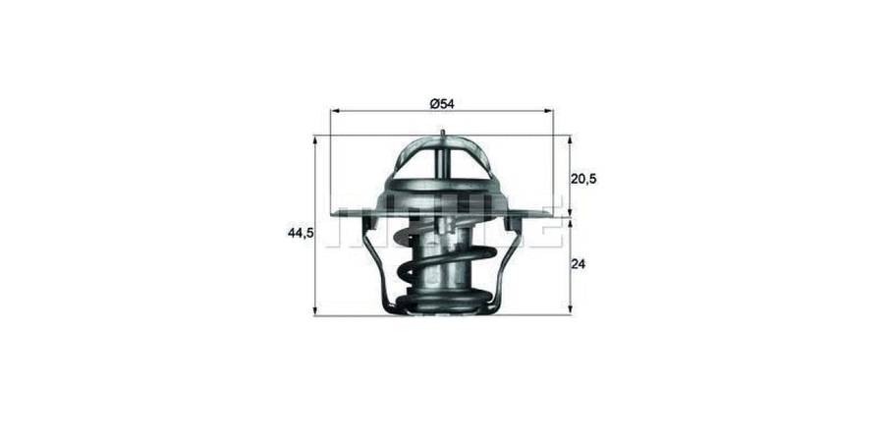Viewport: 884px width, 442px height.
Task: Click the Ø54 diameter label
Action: (x=441, y=102)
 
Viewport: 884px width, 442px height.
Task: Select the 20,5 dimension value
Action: (x=584, y=179)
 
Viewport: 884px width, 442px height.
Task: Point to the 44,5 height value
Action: (x=301, y=233)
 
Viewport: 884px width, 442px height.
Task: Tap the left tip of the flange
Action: (x=337, y=212)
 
